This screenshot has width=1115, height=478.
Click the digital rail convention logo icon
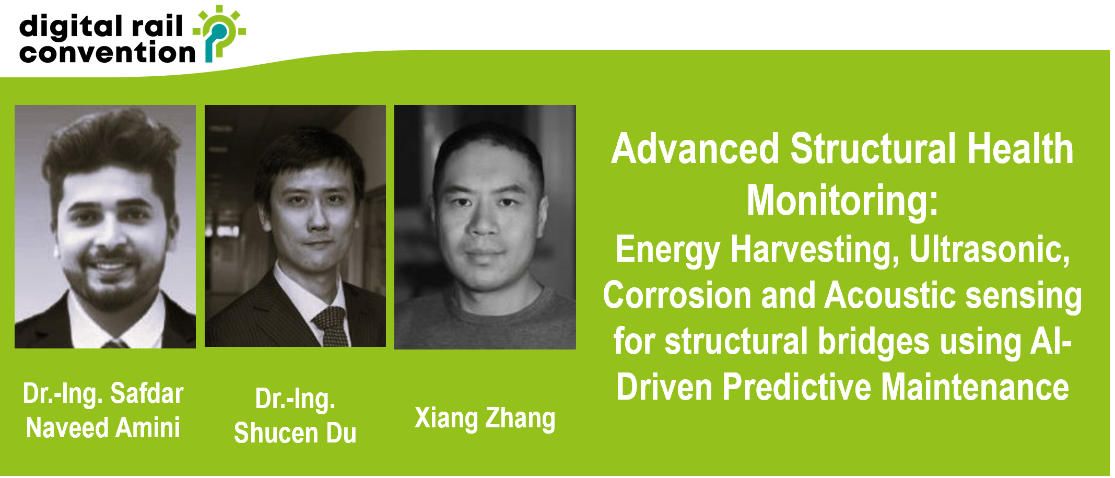[x=219, y=32]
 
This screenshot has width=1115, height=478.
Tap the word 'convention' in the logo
[x=107, y=53]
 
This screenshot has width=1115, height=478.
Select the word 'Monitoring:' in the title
[x=842, y=201]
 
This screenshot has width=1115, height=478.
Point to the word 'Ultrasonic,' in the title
[x=990, y=250]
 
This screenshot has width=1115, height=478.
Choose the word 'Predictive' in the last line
[x=796, y=387]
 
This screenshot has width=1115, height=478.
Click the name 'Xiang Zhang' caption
[x=485, y=418]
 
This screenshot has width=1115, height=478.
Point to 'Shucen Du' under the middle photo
[x=295, y=433]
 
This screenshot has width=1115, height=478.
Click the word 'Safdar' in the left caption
[x=147, y=393]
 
